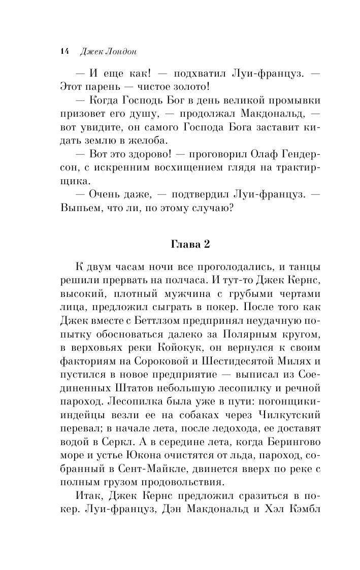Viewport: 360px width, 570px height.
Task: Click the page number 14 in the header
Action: (x=63, y=51)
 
